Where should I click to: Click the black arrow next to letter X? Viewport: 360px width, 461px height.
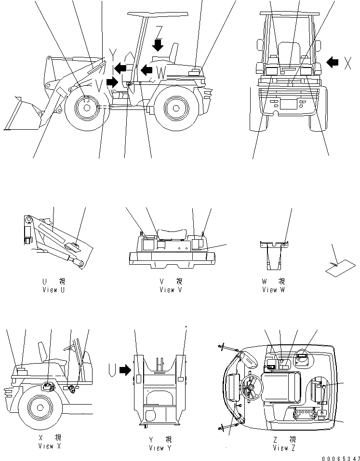[333, 62]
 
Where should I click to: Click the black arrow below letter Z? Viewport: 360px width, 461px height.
[158, 44]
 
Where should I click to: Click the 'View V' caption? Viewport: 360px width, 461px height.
[171, 290]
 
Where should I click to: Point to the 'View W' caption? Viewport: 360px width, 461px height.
[273, 290]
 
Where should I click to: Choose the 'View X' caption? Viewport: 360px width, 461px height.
[50, 446]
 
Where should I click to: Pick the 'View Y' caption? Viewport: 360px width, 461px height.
[160, 448]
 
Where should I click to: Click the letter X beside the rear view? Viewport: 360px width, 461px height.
[347, 62]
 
